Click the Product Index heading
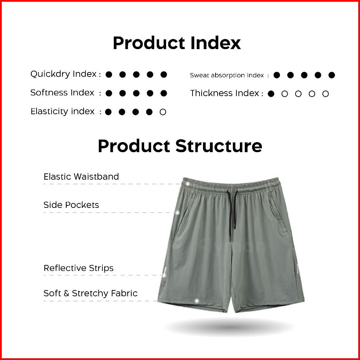[x=177, y=43]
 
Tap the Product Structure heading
[x=180, y=146]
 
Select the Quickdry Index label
[x=63, y=74]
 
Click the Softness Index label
[x=62, y=93]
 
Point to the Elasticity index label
[x=62, y=111]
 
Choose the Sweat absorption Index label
[x=227, y=75]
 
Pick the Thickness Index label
[x=225, y=93]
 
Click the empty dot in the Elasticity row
[x=163, y=112]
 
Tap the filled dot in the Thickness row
[x=271, y=94]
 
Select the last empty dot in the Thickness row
[x=325, y=94]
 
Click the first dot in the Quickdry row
[x=109, y=75]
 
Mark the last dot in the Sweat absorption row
[x=331, y=75]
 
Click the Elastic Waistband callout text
[x=81, y=177]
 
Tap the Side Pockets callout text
[x=71, y=205]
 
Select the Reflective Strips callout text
[x=79, y=268]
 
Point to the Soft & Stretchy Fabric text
[x=91, y=293]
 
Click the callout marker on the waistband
[x=188, y=184]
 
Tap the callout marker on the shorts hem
[x=197, y=301]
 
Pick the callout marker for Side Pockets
[x=177, y=213]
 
